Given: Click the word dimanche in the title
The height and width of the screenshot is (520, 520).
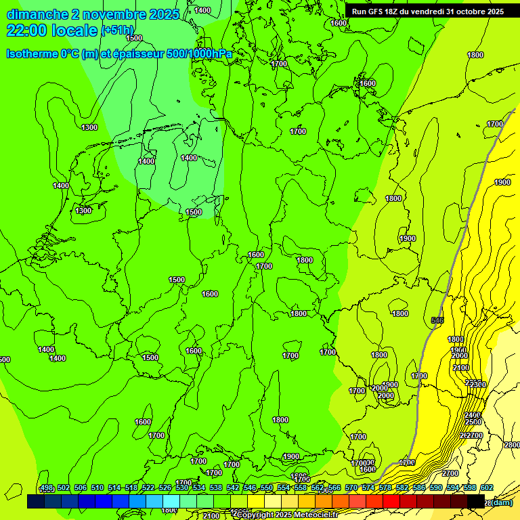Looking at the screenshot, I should [37, 14].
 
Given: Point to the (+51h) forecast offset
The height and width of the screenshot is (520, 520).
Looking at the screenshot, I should [118, 30].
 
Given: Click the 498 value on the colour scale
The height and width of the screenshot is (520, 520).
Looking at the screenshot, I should [47, 487].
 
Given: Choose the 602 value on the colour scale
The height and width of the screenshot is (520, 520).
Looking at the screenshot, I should [487, 487].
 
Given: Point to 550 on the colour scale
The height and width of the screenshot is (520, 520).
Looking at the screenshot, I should [267, 487].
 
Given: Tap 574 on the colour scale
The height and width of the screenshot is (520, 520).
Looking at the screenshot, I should [368, 487].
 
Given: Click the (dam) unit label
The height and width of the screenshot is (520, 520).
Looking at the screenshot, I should [502, 502].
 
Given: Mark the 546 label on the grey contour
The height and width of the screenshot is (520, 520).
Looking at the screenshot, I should [437, 320].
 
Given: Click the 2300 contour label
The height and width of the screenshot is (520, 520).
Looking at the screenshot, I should [479, 385].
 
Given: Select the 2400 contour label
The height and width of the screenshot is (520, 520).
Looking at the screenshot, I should [473, 415].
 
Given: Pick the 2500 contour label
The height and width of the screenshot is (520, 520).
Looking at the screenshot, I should [473, 422].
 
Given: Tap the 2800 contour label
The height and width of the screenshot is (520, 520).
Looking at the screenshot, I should [512, 445].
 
